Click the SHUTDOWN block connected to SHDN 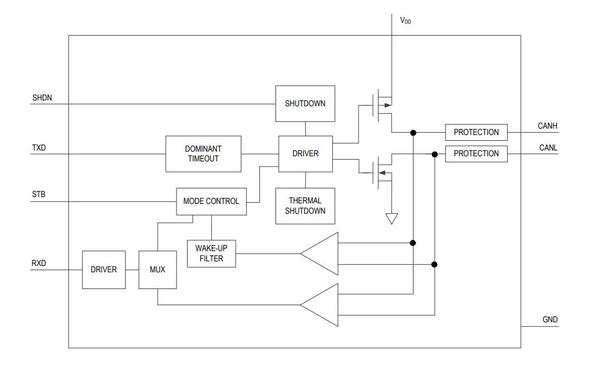pyautogui.click(x=305, y=103)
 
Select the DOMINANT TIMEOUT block pyautogui.click(x=203, y=154)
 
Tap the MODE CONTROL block pyautogui.click(x=211, y=201)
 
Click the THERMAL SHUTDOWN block pyautogui.click(x=305, y=206)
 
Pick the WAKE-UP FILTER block pyautogui.click(x=212, y=253)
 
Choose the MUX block pyautogui.click(x=157, y=270)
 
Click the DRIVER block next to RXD pyautogui.click(x=104, y=270)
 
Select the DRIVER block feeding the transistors pyautogui.click(x=305, y=153)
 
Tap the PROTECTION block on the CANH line pyautogui.click(x=476, y=132)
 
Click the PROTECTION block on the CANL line pyautogui.click(x=476, y=153)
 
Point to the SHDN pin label pyautogui.click(x=42, y=98)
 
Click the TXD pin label pyautogui.click(x=39, y=148)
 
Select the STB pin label pyautogui.click(x=38, y=194)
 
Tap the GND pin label pyautogui.click(x=550, y=319)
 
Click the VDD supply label pyautogui.click(x=406, y=21)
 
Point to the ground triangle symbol pyautogui.click(x=392, y=218)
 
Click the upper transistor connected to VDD pyautogui.click(x=381, y=106)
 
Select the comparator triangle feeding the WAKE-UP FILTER pyautogui.click(x=320, y=253)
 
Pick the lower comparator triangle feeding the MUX pyautogui.click(x=320, y=305)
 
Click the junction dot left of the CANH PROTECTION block pyautogui.click(x=413, y=133)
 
